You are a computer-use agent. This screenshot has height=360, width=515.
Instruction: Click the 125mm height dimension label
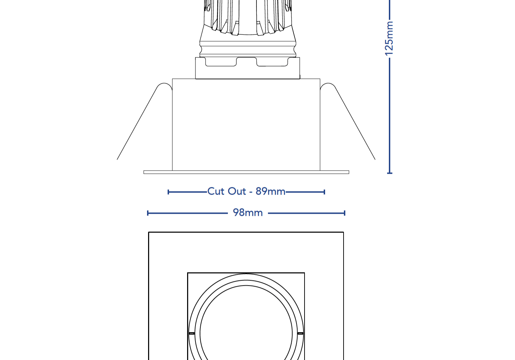(389, 38)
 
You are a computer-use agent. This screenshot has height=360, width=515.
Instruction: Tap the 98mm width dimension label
(248, 213)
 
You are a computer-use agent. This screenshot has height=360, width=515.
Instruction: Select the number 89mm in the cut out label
(270, 191)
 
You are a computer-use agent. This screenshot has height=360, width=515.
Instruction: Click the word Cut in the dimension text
(216, 191)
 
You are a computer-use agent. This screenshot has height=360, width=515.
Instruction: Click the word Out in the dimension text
(237, 191)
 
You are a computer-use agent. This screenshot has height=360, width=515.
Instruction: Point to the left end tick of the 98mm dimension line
(148, 213)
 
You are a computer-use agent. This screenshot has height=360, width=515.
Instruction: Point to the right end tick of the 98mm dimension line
(345, 213)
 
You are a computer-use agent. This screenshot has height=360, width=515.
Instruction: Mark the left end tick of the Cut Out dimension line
(168, 192)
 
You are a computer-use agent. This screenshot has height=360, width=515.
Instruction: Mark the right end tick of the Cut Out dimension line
(324, 192)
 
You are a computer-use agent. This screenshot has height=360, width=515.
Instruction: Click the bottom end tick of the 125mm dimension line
(390, 173)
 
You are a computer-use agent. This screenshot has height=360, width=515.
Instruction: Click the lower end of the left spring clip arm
(118, 159)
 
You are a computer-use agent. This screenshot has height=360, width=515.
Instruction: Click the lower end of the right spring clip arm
(375, 159)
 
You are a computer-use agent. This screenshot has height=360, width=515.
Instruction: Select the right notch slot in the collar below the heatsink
(272, 62)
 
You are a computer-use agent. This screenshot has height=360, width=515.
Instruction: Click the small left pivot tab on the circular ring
(192, 334)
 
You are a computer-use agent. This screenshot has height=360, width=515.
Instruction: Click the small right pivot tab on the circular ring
(300, 334)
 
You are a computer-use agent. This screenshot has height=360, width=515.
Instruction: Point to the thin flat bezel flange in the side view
(246, 172)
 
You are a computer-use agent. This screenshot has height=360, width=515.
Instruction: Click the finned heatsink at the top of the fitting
(248, 17)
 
